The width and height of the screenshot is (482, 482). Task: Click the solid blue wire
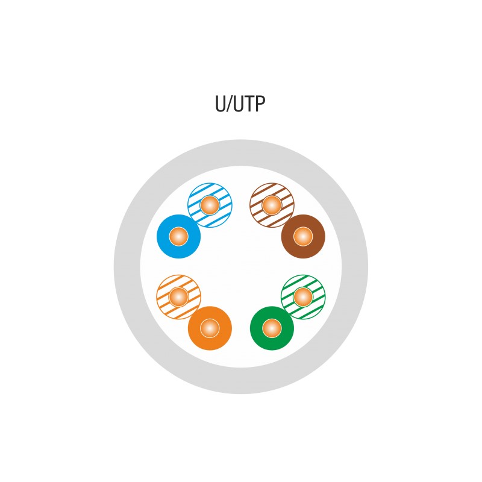click(x=166, y=236)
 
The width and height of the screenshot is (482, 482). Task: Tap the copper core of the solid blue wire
click(x=178, y=236)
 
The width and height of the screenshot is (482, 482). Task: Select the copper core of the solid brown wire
click(x=303, y=236)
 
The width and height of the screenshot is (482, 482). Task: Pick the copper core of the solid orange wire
click(x=210, y=328)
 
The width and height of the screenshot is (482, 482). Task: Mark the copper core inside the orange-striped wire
click(x=178, y=296)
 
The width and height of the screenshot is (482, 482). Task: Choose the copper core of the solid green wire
click(x=272, y=328)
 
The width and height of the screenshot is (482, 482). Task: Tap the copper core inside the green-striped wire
click(x=303, y=296)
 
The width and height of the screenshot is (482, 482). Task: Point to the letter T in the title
click(x=249, y=104)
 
